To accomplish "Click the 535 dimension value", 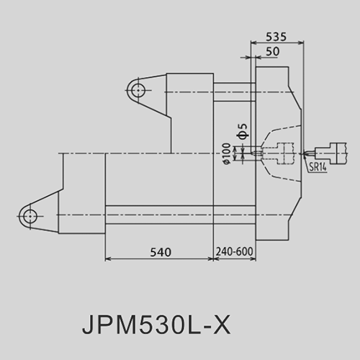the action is point(276,37).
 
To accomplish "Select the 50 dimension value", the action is point(273,52).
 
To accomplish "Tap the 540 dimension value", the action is point(161,252).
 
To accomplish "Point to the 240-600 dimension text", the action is point(235,252).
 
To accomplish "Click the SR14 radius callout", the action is point(318,167).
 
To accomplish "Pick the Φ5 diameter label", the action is point(243,132).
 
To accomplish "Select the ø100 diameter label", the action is point(227,153).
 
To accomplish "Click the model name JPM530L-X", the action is point(156,325).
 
